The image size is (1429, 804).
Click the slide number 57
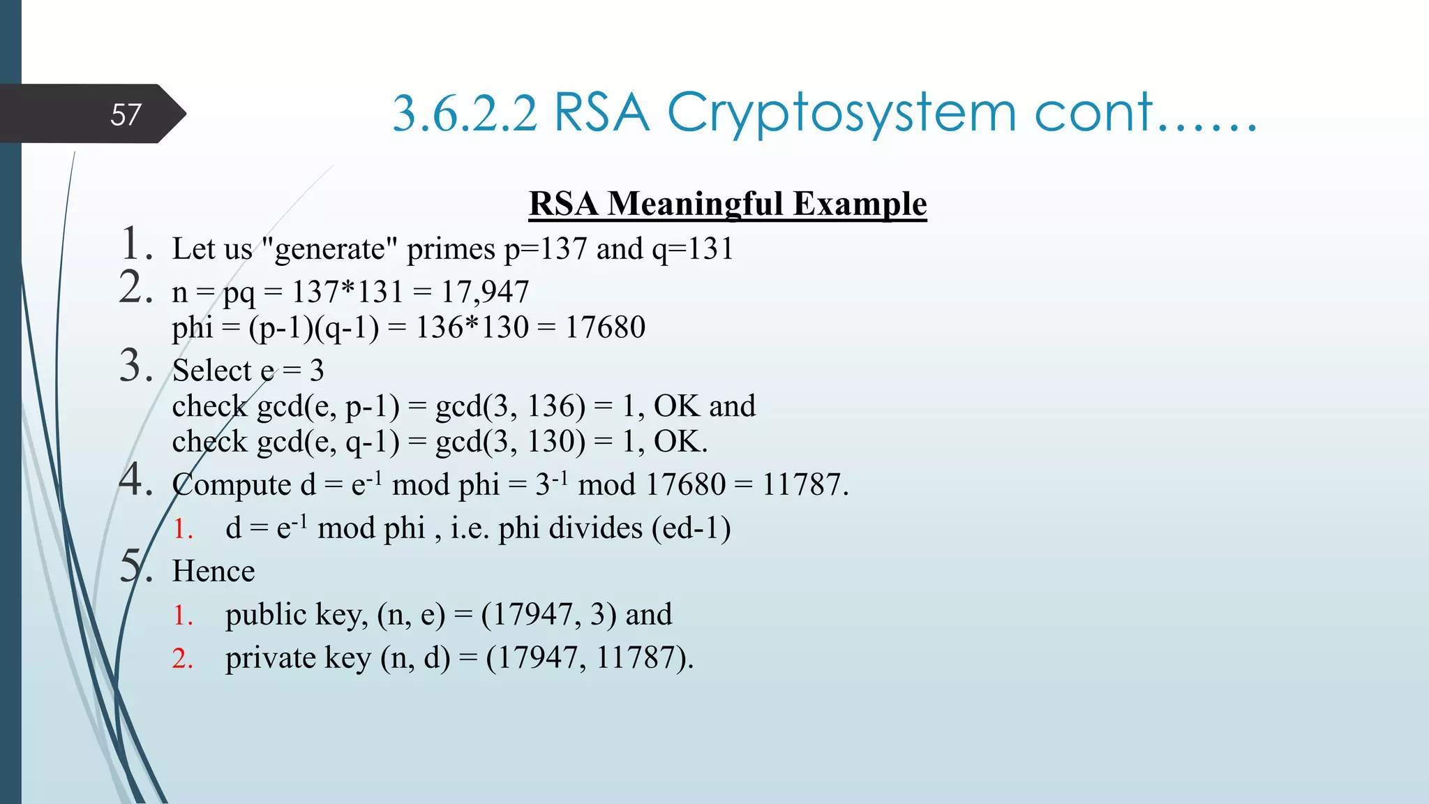click(x=126, y=114)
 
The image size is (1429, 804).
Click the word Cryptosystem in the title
click(x=841, y=113)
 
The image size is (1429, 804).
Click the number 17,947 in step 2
click(x=485, y=292)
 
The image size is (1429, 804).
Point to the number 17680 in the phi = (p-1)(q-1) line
click(x=605, y=327)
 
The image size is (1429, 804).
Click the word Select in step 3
click(x=212, y=371)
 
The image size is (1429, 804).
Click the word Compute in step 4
click(x=232, y=485)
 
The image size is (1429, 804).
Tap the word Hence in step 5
click(x=214, y=572)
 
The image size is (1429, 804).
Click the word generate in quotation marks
click(x=329, y=249)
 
